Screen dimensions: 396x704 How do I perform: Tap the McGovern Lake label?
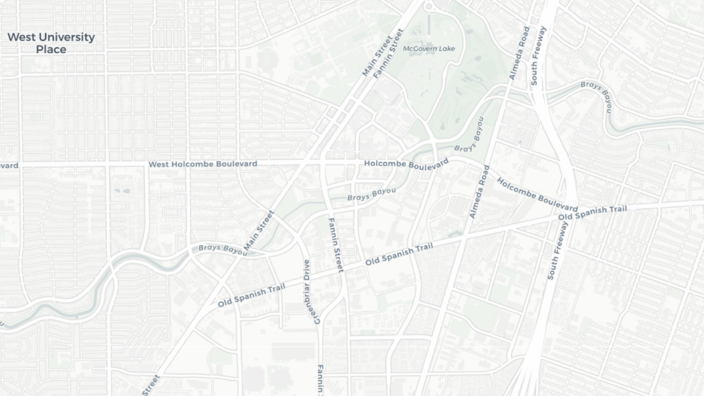tap(429, 48)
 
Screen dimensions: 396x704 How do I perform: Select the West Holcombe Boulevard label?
tap(202, 164)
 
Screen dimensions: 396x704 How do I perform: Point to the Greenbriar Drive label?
tap(311, 291)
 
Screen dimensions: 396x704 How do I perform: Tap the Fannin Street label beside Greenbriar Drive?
tap(335, 245)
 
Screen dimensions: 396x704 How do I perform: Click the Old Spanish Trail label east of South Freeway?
tap(592, 213)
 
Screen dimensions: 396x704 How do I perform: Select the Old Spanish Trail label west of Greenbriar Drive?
tap(251, 296)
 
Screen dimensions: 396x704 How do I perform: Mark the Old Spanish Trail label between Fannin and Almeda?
tap(399, 254)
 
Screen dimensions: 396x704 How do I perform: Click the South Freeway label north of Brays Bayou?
tap(538, 56)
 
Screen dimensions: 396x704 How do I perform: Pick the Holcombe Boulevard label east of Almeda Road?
tap(537, 194)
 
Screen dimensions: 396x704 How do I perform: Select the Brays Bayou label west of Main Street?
tap(223, 249)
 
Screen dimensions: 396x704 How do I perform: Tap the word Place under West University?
tap(51, 50)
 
